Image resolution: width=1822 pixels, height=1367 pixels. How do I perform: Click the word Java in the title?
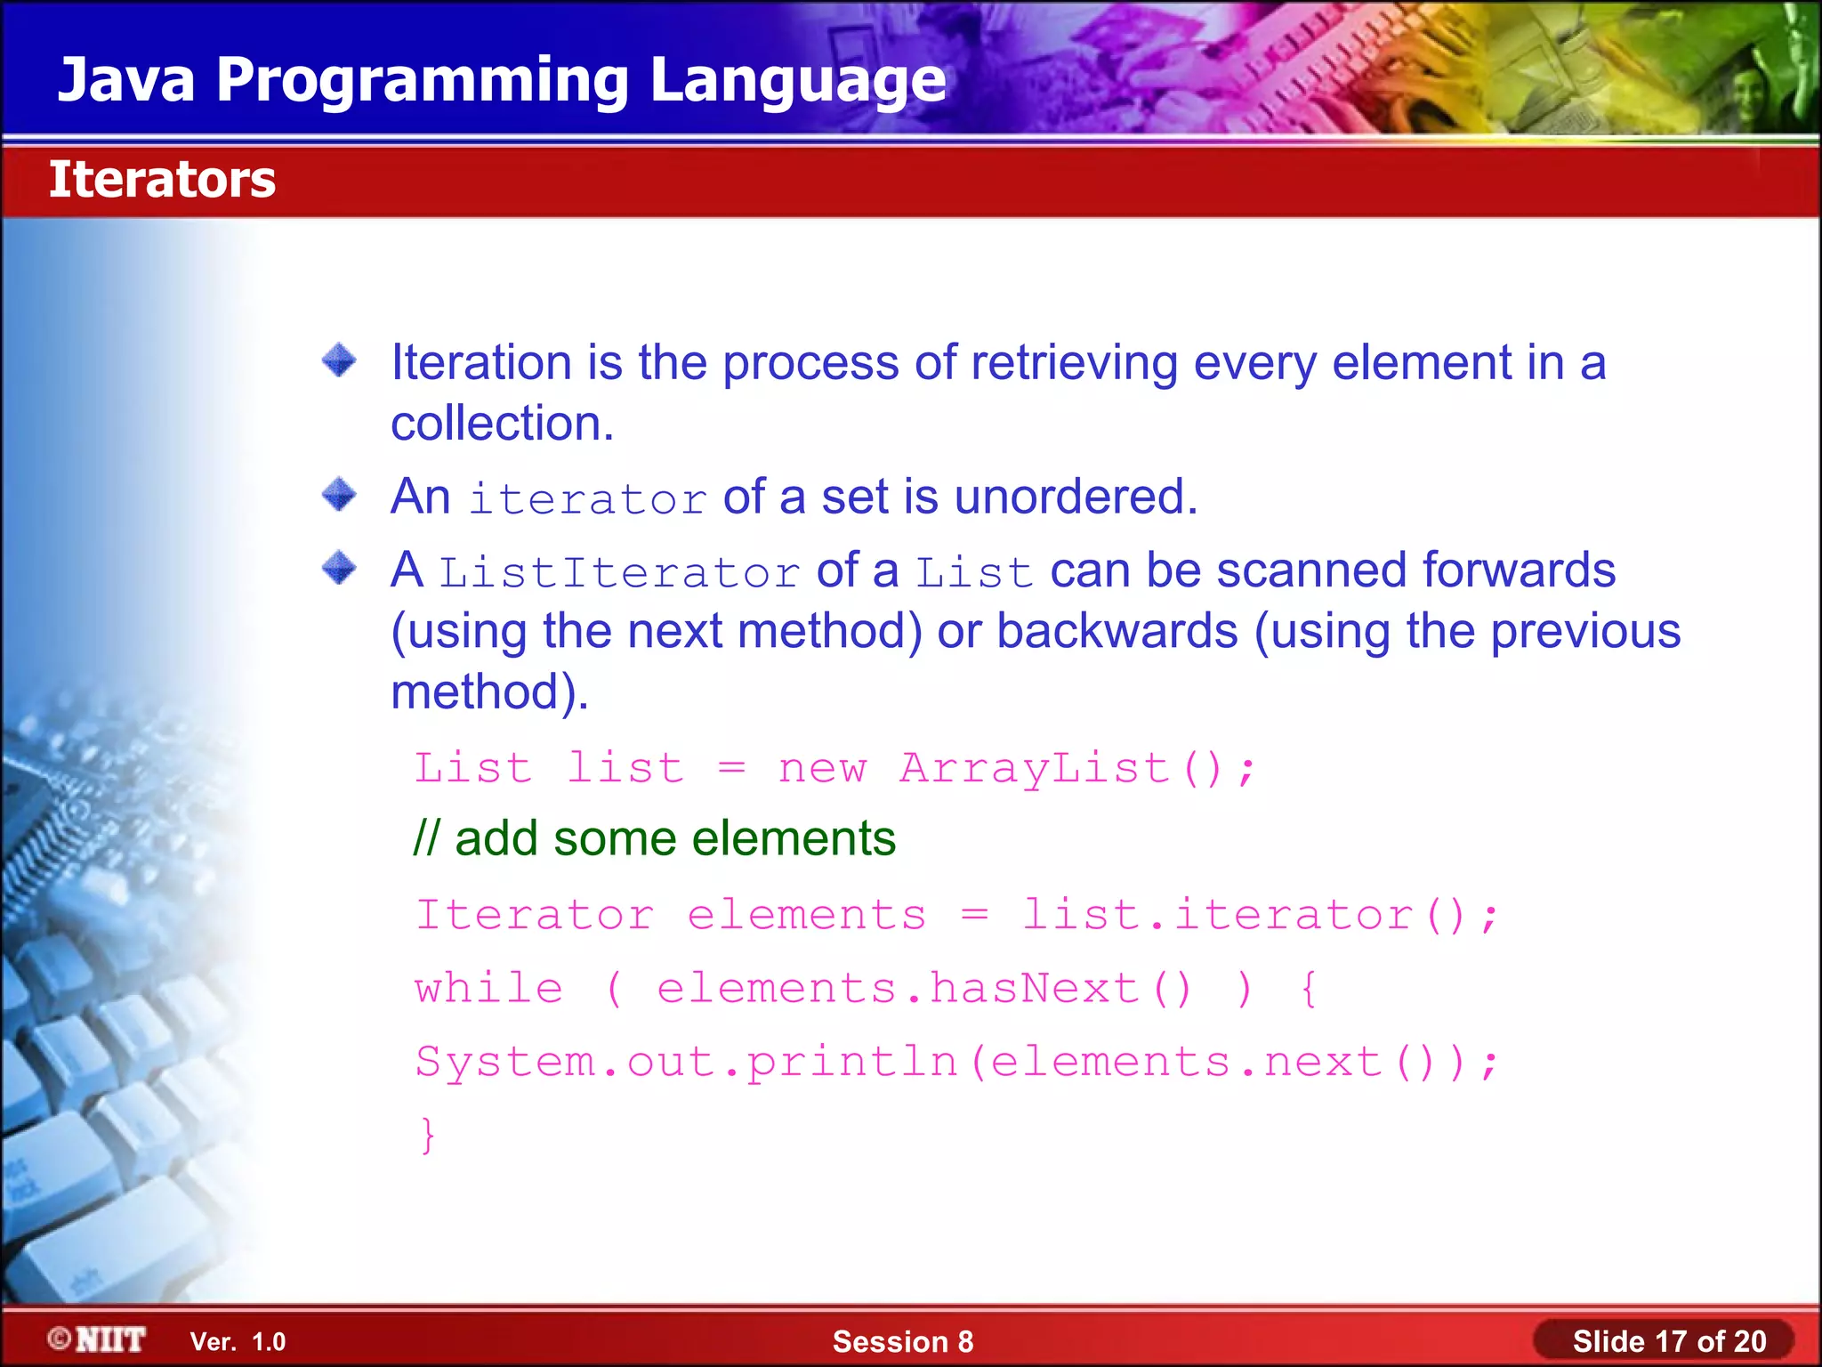[x=125, y=80]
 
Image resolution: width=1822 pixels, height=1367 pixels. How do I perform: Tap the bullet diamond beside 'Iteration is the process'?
[x=339, y=361]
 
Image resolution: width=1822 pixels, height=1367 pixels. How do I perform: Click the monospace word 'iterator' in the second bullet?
[x=588, y=499]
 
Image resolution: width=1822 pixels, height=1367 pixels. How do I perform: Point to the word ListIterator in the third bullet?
[x=620, y=572]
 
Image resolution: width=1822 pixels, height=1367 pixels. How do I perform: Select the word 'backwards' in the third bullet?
[x=1117, y=631]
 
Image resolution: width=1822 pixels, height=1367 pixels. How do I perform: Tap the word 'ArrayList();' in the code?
[x=1077, y=768]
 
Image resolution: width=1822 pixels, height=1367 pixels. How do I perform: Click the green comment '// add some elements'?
[x=655, y=838]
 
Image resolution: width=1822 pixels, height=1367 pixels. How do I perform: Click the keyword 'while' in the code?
[x=489, y=989]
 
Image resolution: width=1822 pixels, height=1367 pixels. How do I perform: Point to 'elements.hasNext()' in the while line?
[x=924, y=989]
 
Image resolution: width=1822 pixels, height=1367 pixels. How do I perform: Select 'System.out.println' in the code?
[x=686, y=1062]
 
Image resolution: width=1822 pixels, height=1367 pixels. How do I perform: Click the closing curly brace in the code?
[x=428, y=1135]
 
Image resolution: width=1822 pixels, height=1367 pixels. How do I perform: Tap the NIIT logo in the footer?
[x=98, y=1339]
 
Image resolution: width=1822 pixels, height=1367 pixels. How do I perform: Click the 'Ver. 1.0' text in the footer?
[x=238, y=1341]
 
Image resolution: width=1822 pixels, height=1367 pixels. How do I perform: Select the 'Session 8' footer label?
[x=902, y=1341]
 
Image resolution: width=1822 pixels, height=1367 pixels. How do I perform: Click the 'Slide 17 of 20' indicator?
[x=1668, y=1341]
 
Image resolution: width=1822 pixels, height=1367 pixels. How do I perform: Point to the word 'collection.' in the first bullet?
[x=503, y=423]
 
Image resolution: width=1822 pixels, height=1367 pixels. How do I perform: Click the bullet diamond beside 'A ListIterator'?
[x=339, y=568]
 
